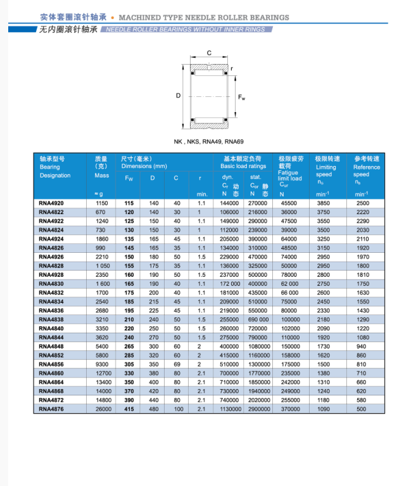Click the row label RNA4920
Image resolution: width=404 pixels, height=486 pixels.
[x=51, y=203]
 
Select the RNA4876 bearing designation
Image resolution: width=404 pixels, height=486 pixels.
[x=51, y=409]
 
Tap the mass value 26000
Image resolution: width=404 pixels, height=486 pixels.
[x=102, y=409]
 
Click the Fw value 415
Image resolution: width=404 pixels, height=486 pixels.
[x=129, y=409]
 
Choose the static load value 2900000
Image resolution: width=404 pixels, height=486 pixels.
[x=258, y=409]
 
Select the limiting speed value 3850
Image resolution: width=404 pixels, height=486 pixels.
[x=324, y=203]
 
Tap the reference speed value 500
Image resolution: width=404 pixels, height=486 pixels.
[x=362, y=409]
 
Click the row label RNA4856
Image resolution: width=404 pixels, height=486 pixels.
[x=51, y=364]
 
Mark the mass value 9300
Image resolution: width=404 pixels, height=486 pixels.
[x=102, y=364]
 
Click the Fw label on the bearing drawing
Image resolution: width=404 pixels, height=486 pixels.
[x=241, y=98]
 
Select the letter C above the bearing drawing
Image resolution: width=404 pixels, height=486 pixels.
[x=209, y=53]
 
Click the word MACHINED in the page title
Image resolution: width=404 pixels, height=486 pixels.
[x=141, y=18]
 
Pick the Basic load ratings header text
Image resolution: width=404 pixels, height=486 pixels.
[x=243, y=166]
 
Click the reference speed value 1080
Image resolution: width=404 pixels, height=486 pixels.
[x=362, y=338]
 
